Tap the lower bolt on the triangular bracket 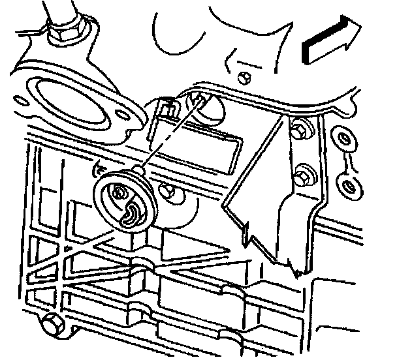click(x=302, y=177)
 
